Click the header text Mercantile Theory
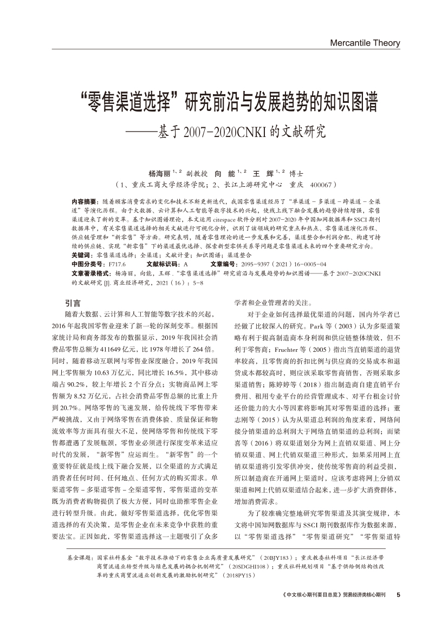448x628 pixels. [364, 43]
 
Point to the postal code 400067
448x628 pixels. [324, 184]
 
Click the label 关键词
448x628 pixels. [81, 254]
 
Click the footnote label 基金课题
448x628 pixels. [79, 557]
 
